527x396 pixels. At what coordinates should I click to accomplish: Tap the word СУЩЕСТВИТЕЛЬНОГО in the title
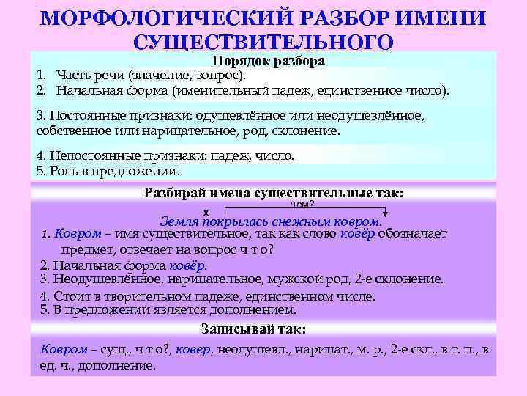click(x=263, y=42)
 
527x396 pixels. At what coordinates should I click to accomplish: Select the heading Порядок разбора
click(x=268, y=61)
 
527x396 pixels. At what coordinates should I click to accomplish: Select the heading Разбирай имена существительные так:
click(x=274, y=193)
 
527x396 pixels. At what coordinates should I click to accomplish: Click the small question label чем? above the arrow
click(x=302, y=205)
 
